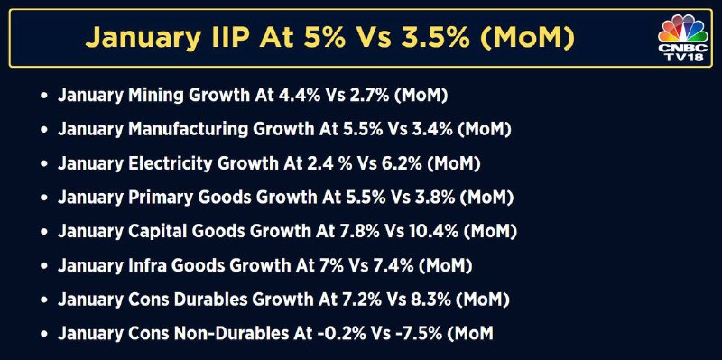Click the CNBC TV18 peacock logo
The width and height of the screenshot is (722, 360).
(x=683, y=38)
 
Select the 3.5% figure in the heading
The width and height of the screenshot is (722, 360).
(x=436, y=37)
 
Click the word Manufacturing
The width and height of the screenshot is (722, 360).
(x=189, y=130)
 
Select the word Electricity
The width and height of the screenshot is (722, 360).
(x=169, y=164)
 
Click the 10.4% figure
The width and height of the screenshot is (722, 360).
(x=433, y=232)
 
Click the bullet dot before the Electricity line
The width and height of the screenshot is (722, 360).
(x=44, y=164)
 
